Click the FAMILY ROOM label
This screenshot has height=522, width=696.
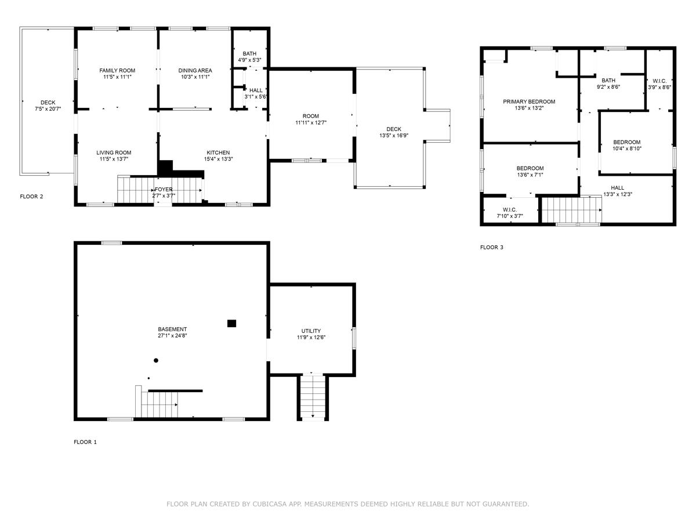click(x=117, y=70)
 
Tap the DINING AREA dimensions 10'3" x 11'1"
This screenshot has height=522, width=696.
click(x=195, y=77)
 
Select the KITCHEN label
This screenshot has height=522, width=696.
click(x=218, y=153)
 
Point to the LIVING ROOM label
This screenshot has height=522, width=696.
click(x=114, y=153)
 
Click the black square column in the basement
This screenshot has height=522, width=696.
click(x=231, y=323)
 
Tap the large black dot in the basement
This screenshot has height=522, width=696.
click(x=155, y=360)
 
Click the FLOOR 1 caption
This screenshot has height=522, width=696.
click(x=85, y=442)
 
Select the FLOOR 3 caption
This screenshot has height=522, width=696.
click(x=491, y=247)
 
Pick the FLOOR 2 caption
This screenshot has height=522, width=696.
click(x=31, y=197)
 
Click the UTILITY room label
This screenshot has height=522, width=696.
click(x=311, y=331)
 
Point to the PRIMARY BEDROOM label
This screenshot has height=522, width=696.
click(x=529, y=101)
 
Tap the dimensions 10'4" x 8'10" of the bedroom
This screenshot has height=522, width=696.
click(x=627, y=148)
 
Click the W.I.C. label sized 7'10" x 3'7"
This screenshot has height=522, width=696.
click(x=510, y=210)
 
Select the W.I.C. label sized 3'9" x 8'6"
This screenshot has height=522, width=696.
click(x=659, y=81)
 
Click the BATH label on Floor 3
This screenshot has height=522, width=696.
click(x=608, y=81)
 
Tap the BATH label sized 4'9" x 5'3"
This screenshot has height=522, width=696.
click(x=249, y=53)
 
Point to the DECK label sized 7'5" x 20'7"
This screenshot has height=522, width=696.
click(x=48, y=103)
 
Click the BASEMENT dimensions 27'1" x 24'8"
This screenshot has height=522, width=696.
click(x=172, y=336)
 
